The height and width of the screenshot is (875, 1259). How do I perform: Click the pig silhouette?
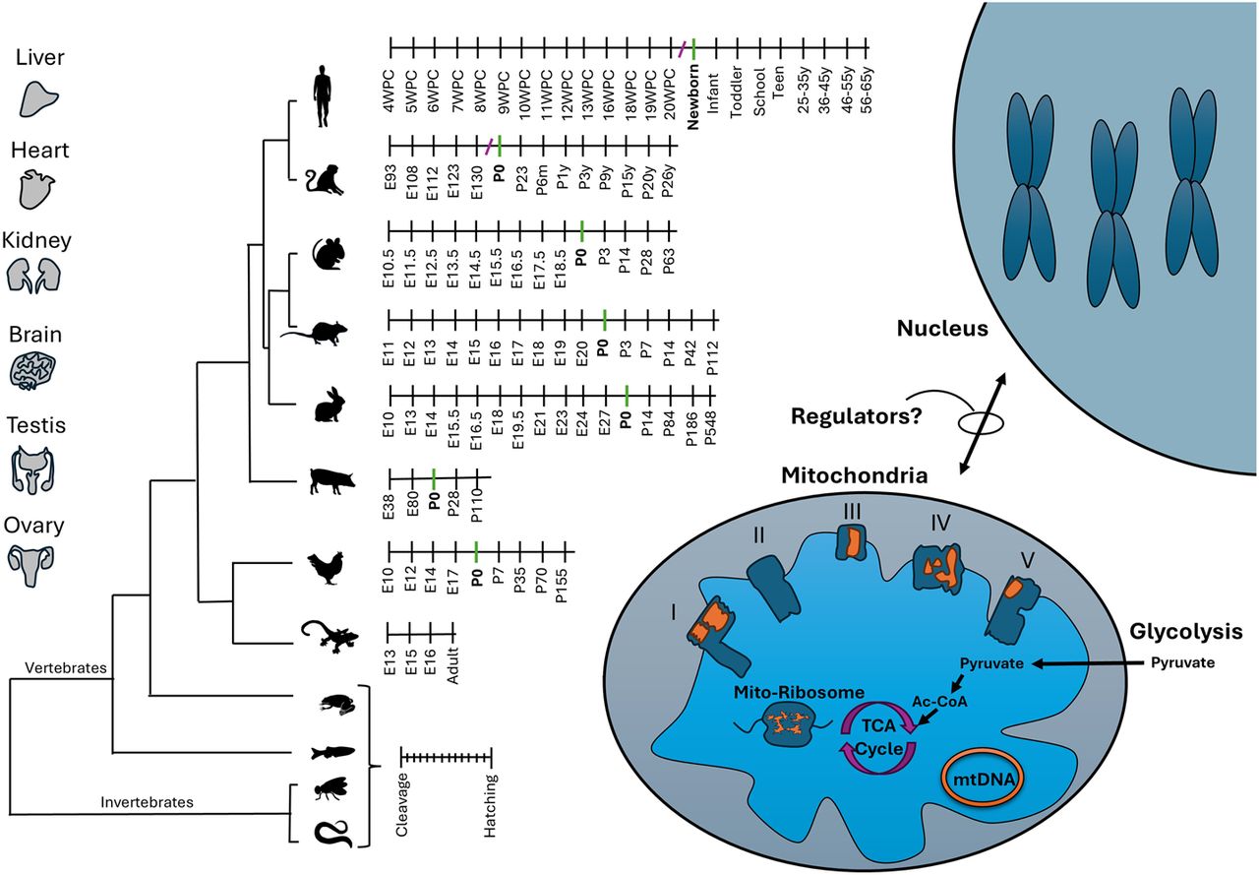328,480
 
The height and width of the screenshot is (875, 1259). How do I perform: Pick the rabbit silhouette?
329,407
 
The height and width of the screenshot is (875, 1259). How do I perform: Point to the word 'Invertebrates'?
147,802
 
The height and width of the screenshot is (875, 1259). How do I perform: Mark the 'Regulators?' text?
857,417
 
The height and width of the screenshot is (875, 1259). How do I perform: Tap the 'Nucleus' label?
942,328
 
